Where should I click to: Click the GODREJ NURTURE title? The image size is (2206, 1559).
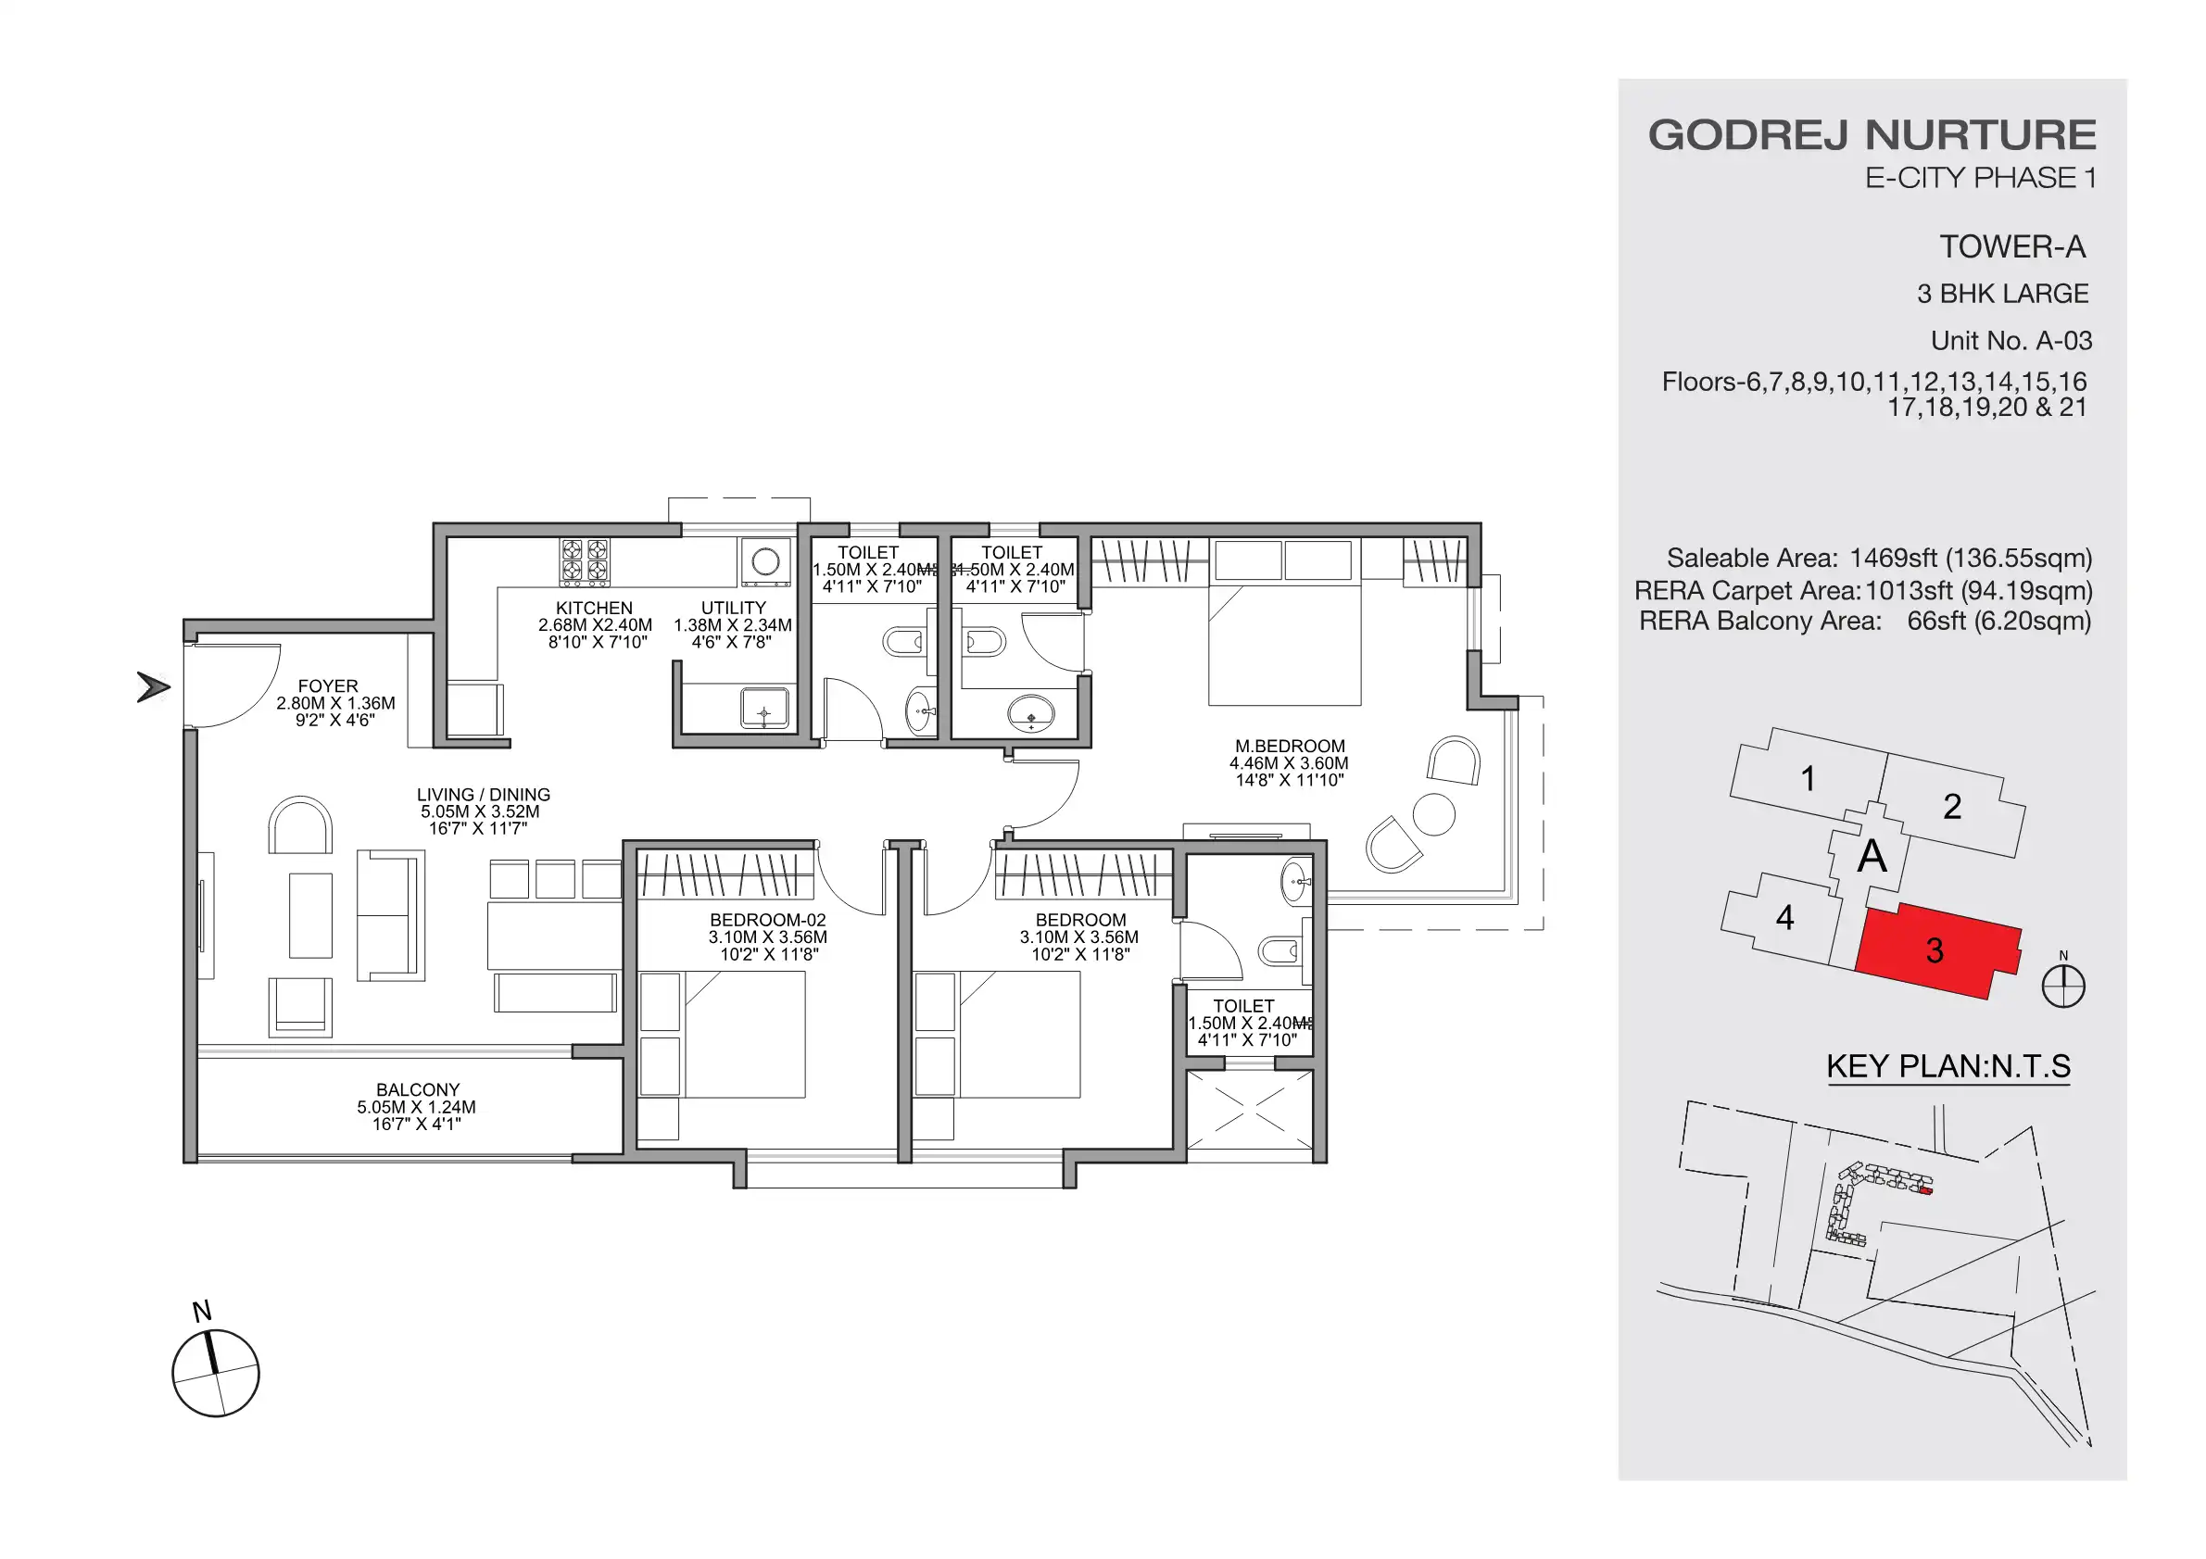tap(1872, 135)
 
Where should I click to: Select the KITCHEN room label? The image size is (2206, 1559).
tap(594, 608)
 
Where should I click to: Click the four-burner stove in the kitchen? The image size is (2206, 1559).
tap(586, 562)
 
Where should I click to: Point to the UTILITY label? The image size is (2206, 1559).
tap(733, 608)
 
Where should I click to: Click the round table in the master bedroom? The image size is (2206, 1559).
tap(1433, 814)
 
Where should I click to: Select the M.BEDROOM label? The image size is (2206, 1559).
tap(1290, 747)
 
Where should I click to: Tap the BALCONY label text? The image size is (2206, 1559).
tap(417, 1090)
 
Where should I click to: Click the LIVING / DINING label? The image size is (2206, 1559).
tap(484, 796)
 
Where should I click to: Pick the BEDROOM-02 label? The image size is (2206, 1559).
tap(768, 920)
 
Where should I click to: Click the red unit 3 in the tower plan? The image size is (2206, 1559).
tap(1935, 951)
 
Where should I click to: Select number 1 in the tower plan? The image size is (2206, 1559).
tap(1808, 779)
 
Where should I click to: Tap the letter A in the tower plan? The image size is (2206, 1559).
tap(1872, 856)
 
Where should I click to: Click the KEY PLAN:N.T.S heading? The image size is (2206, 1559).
tap(1948, 1066)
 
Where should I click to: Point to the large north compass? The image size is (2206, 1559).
tap(215, 1373)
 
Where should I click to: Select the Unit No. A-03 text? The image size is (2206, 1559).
tap(2011, 341)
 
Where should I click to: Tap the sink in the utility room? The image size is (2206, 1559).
tap(763, 709)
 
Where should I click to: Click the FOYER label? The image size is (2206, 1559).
tap(328, 685)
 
